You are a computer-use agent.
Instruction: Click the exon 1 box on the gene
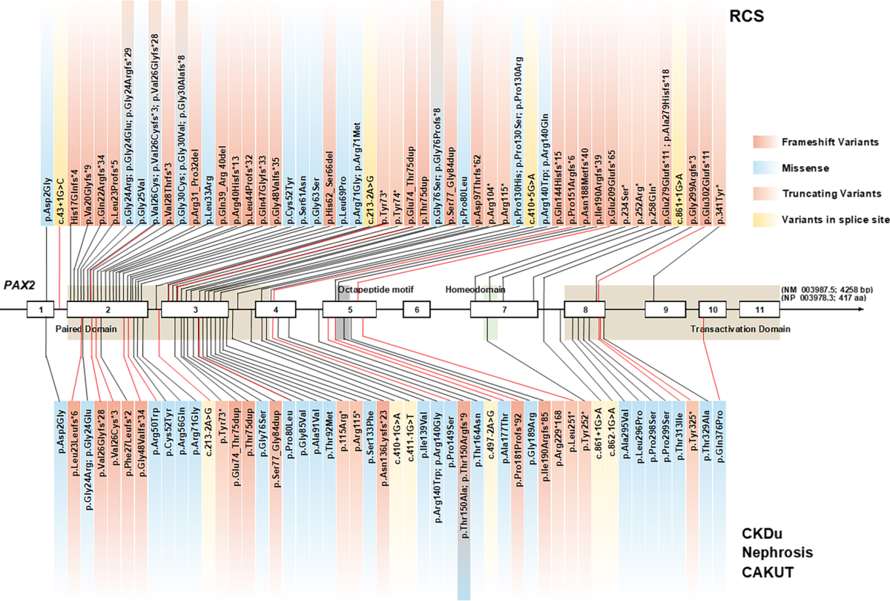[x=42, y=309]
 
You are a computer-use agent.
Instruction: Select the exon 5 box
[x=349, y=309]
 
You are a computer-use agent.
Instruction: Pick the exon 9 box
[x=665, y=309]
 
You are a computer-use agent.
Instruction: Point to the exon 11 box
[x=759, y=309]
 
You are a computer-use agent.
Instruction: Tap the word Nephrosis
[x=777, y=553]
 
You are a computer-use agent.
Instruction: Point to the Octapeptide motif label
[x=375, y=289]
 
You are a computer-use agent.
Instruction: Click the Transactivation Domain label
[x=740, y=329]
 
